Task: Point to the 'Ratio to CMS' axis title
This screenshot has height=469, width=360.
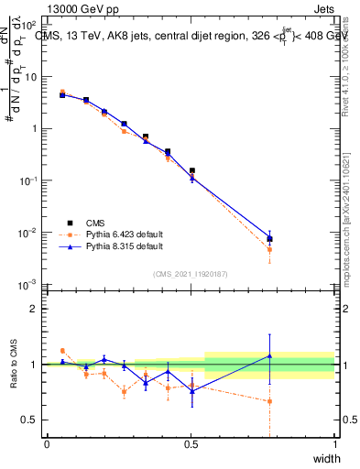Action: [14, 365]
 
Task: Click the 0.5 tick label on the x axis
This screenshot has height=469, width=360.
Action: [191, 444]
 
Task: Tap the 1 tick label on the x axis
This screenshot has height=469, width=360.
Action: [334, 444]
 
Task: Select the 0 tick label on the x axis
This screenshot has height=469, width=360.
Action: [47, 444]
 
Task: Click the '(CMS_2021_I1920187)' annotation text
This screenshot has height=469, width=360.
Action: [190, 273]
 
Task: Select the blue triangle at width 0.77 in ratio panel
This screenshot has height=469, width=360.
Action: [269, 355]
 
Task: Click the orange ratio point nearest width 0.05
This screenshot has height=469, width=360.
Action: [62, 351]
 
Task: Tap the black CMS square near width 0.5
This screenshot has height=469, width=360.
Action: [191, 170]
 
